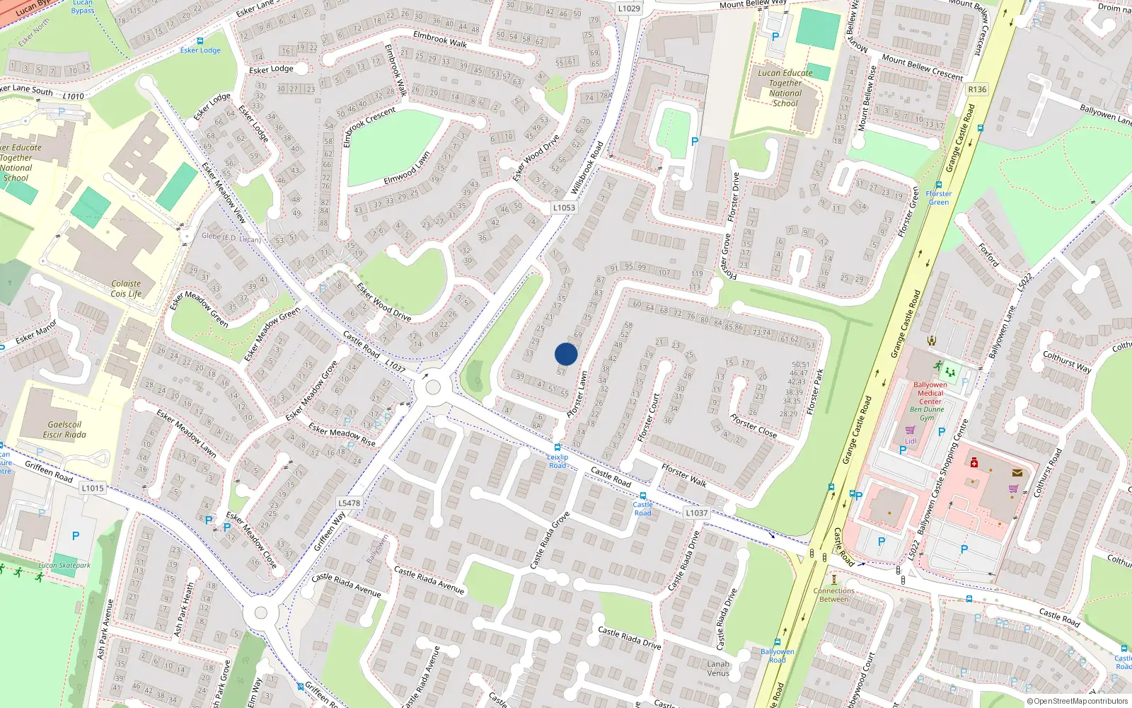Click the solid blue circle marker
click(566, 354)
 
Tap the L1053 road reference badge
click(564, 207)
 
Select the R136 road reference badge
click(977, 89)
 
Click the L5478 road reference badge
click(349, 503)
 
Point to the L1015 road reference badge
click(93, 488)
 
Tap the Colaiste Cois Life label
click(126, 289)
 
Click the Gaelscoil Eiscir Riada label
click(64, 430)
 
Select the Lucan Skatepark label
click(64, 565)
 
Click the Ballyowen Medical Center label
click(930, 393)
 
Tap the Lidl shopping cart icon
click(910, 430)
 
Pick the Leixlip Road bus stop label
click(558, 461)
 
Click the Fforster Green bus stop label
click(939, 198)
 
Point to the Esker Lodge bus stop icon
click(200, 41)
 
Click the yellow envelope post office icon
click(1017, 472)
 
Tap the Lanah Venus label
click(718, 668)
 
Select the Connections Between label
click(834, 595)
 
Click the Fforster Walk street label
click(684, 475)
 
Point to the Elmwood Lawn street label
click(407, 169)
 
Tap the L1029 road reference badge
click(628, 8)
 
